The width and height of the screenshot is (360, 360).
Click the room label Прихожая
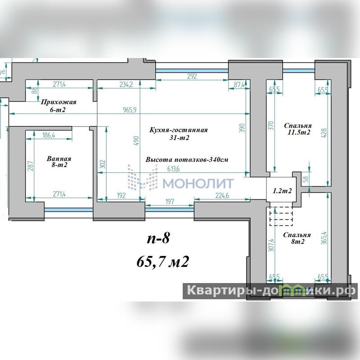tap(58, 102)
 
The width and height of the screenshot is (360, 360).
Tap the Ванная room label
tap(59, 159)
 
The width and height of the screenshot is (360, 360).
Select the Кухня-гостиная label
tap(178, 130)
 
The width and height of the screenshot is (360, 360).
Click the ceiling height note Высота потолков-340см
tap(187, 160)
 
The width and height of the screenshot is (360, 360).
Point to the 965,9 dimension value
tap(130, 110)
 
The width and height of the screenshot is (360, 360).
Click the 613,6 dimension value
tap(174, 169)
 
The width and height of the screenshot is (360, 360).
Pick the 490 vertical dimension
tap(136, 141)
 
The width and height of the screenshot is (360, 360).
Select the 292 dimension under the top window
tap(192, 76)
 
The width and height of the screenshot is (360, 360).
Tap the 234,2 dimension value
tap(126, 85)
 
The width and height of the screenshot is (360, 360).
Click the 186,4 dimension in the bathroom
tap(49, 135)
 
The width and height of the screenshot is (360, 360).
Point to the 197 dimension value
tap(170, 202)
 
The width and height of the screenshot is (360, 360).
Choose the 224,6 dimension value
tap(222, 196)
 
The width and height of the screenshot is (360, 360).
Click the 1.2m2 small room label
tap(282, 190)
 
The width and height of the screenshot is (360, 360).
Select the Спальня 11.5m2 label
tap(298, 129)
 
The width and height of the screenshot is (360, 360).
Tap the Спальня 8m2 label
tap(297, 238)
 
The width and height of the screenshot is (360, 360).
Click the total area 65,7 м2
tap(163, 261)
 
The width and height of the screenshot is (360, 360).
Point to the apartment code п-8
tap(158, 238)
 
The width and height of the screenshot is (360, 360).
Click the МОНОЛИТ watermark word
tap(198, 183)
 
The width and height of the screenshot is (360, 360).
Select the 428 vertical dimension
tap(324, 133)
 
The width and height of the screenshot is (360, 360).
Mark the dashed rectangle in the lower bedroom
tap(281, 216)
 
